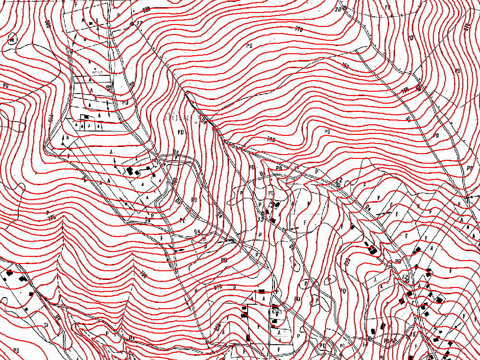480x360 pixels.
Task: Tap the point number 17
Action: click(139, 23)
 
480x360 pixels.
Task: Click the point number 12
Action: click(405, 277)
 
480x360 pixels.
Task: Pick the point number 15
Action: click(412, 334)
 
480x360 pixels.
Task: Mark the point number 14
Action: click(365, 344)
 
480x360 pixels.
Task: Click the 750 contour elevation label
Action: click(346, 66)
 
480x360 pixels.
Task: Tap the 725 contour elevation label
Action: click(405, 90)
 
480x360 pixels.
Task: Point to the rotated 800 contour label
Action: click(48, 24)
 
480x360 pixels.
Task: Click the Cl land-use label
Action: click(47, 325)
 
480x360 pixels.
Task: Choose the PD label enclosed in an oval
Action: click(12, 39)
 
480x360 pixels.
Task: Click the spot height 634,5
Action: click(276, 312)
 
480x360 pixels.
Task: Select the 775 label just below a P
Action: click(52, 217)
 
